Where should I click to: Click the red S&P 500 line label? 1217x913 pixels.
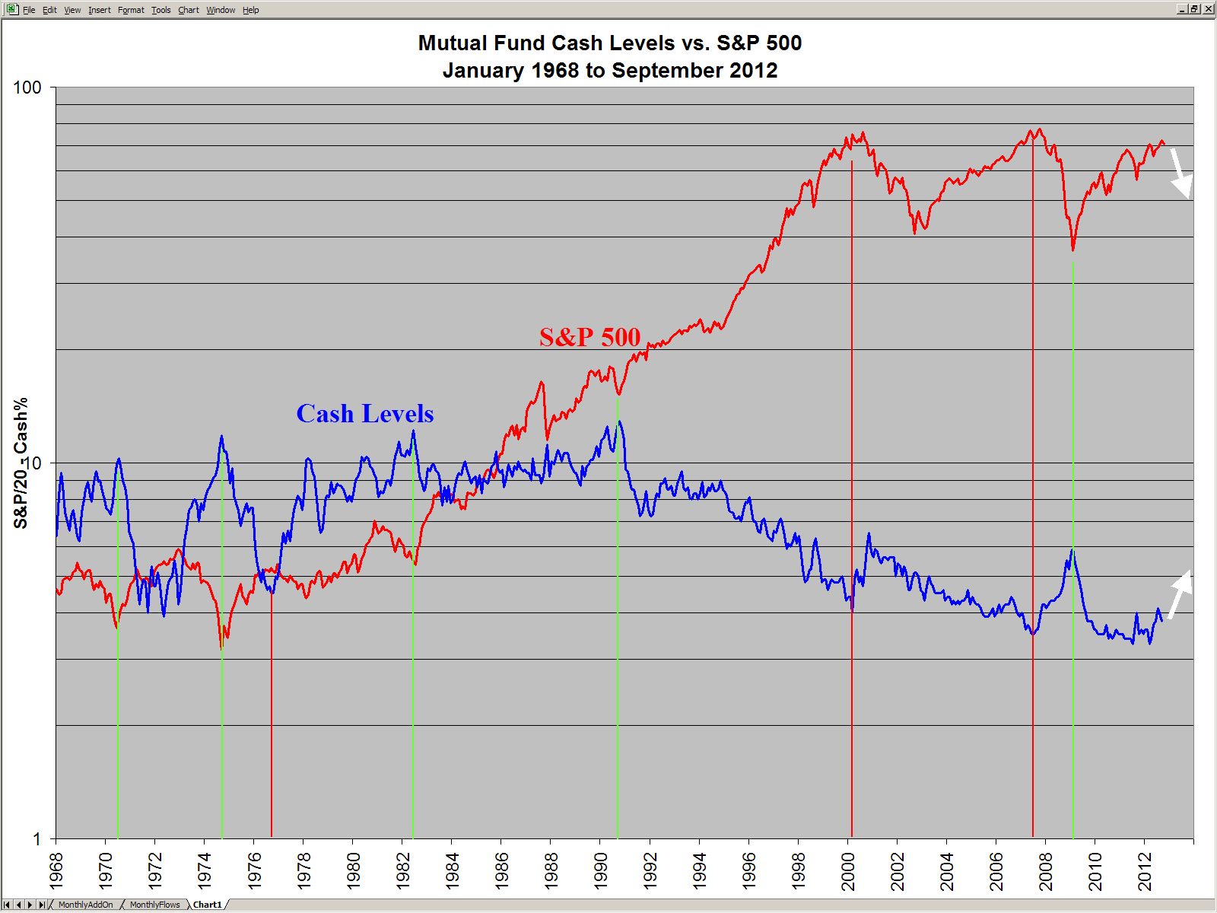(x=589, y=337)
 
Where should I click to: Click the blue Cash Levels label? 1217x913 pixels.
(x=365, y=414)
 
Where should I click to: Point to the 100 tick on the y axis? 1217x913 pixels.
(x=27, y=87)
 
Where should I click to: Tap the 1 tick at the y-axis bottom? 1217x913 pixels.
(x=37, y=839)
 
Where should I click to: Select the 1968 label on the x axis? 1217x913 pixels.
(x=56, y=871)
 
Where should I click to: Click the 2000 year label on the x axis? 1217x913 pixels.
(x=848, y=871)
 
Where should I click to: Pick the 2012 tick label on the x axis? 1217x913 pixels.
(x=1145, y=871)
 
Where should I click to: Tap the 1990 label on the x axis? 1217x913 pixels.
(x=601, y=871)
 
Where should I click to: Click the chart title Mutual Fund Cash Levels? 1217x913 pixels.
(x=609, y=43)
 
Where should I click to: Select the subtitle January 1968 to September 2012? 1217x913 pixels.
(x=609, y=71)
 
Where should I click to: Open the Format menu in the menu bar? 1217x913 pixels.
(x=131, y=10)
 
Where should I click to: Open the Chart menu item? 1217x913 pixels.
(x=188, y=10)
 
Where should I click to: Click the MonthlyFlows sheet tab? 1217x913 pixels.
(x=154, y=905)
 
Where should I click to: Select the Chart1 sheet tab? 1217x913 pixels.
(x=207, y=905)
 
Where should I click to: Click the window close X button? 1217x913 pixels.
(x=1208, y=9)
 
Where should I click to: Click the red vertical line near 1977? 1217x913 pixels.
(x=272, y=723)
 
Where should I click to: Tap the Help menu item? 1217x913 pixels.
(x=250, y=10)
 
